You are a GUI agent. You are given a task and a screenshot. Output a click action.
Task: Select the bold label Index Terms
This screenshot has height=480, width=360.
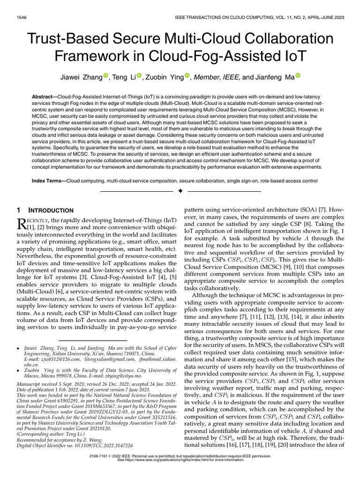pos(48,180)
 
